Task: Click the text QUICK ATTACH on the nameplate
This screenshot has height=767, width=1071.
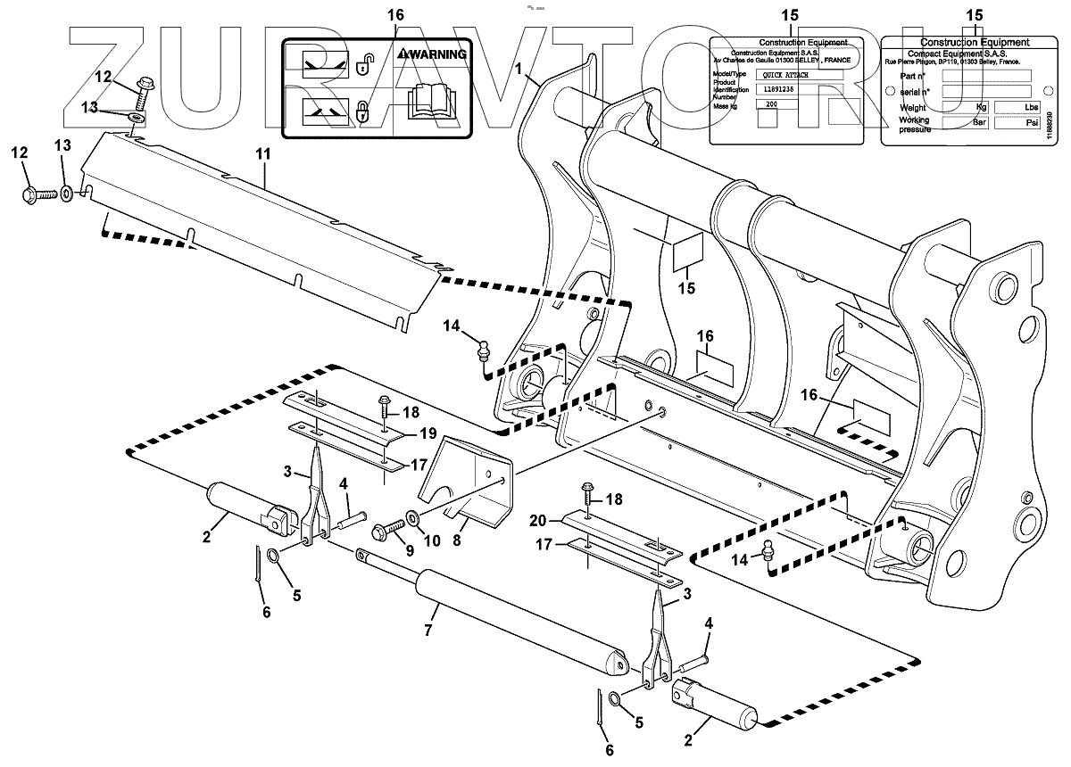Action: click(783, 76)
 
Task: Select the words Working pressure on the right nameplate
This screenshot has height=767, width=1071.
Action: click(914, 124)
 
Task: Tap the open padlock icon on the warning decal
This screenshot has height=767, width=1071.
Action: click(363, 64)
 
